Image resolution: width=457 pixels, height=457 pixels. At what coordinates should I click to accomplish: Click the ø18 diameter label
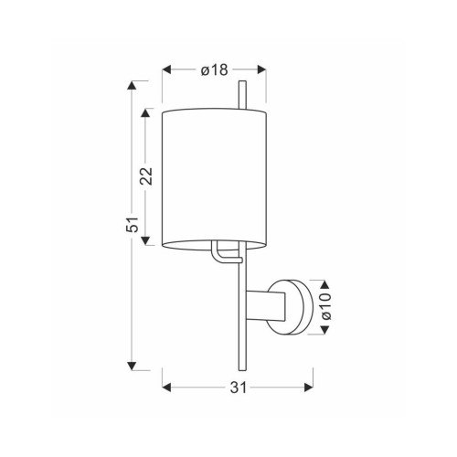click(x=214, y=70)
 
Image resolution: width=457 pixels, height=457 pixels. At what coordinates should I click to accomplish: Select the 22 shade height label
click(x=146, y=176)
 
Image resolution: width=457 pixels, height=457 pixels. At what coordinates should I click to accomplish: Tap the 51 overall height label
click(x=132, y=225)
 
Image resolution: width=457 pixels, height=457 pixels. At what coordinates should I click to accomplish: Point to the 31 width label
click(x=238, y=388)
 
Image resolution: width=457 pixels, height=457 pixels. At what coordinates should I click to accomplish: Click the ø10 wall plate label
click(x=325, y=306)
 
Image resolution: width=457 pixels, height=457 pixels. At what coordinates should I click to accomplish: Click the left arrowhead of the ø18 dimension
click(x=166, y=69)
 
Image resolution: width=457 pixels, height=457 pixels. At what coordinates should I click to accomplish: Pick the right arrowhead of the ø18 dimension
click(x=261, y=69)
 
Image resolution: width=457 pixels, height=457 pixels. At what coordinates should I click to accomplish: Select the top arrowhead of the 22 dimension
click(x=145, y=113)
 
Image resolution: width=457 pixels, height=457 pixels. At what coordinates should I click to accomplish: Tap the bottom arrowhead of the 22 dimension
click(x=145, y=240)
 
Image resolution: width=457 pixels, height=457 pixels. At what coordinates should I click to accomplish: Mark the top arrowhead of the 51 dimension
click(x=132, y=85)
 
